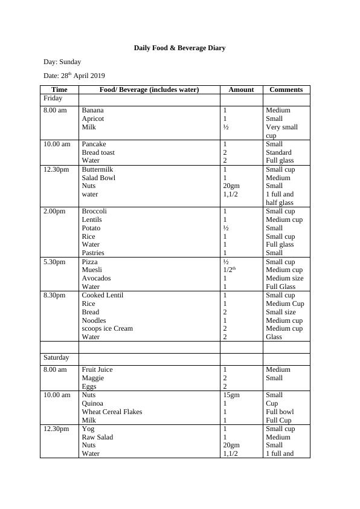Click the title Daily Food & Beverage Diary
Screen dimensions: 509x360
(x=179, y=48)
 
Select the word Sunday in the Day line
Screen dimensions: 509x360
(x=70, y=62)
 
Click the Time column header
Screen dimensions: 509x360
(x=59, y=89)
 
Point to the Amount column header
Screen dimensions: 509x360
(x=241, y=89)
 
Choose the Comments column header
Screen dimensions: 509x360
(x=286, y=89)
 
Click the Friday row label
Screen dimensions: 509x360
(x=53, y=98)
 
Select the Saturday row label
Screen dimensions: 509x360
(x=56, y=358)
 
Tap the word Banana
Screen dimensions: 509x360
(x=92, y=110)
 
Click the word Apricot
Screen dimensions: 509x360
(x=93, y=118)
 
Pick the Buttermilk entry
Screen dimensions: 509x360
(x=97, y=169)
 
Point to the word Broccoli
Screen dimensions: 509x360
(x=94, y=211)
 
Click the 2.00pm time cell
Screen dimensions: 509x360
(x=54, y=211)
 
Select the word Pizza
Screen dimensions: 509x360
(x=89, y=262)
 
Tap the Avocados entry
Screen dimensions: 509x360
(x=96, y=278)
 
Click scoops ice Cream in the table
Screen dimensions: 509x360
(x=107, y=328)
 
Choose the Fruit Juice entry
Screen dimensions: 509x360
(x=97, y=369)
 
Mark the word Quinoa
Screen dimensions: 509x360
(x=92, y=403)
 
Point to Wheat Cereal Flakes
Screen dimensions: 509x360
(x=112, y=412)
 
